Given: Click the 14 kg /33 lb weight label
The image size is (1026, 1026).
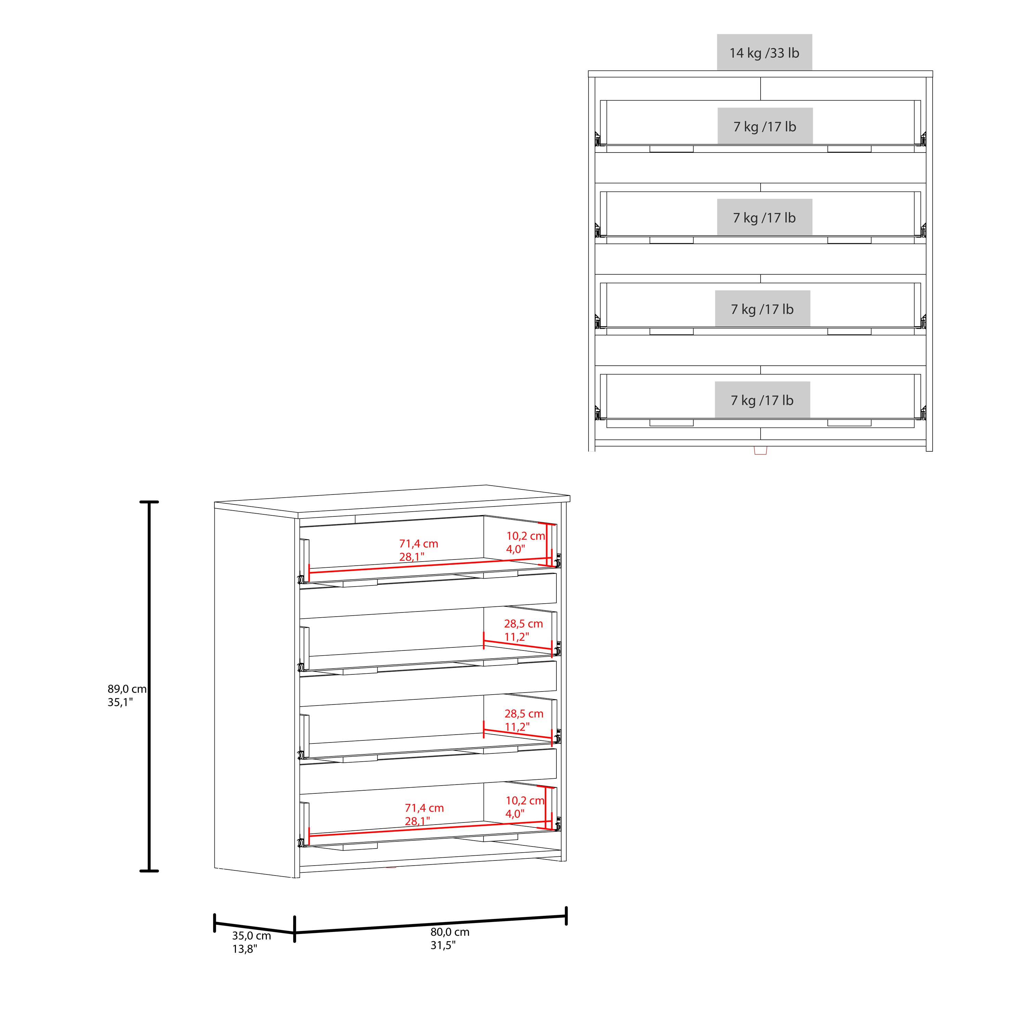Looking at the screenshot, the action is click(x=764, y=53).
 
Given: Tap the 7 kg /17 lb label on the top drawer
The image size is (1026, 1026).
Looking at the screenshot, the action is click(x=765, y=127).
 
